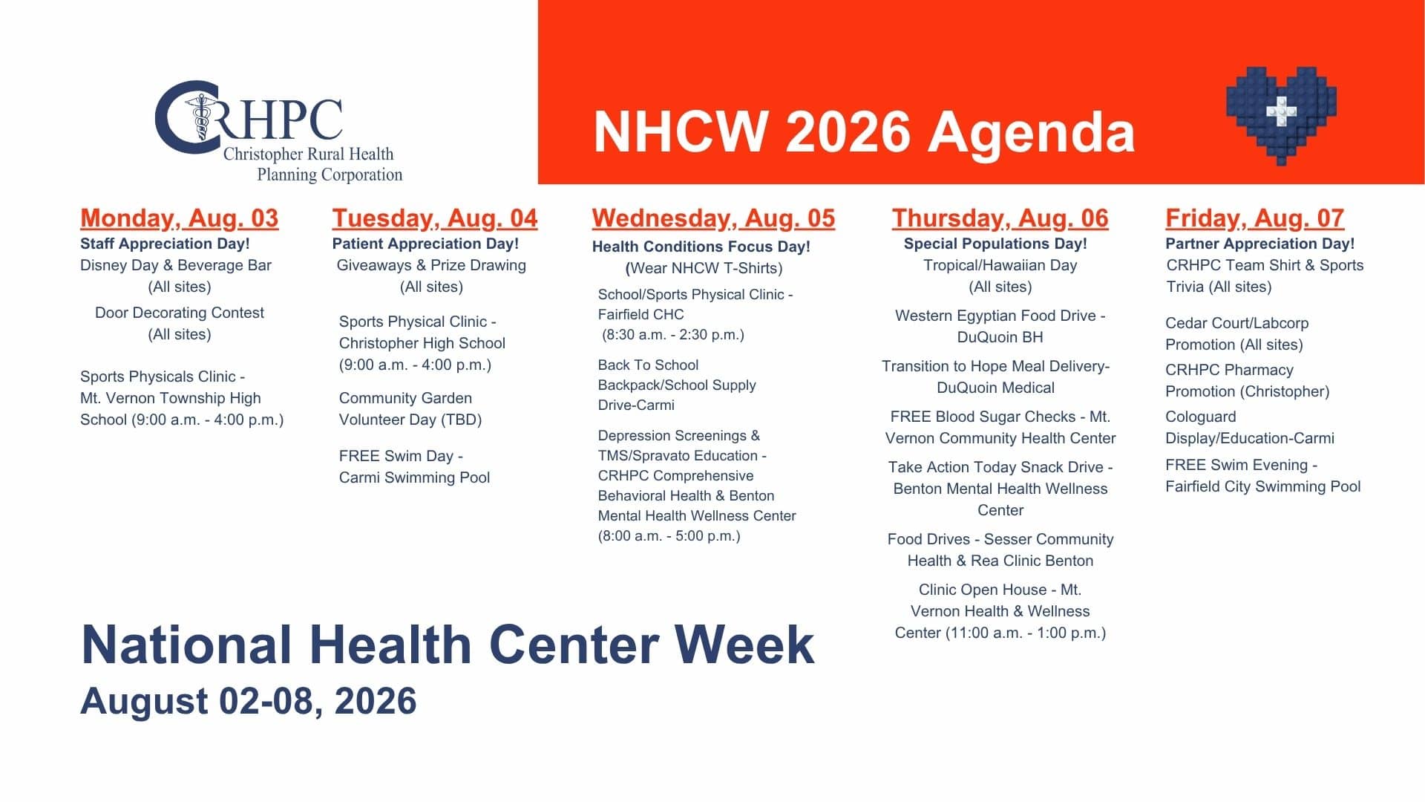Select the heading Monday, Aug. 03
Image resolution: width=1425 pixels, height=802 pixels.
(x=179, y=218)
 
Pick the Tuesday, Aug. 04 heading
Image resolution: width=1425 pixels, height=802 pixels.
(x=435, y=218)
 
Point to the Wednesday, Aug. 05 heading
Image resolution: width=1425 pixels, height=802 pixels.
(x=713, y=218)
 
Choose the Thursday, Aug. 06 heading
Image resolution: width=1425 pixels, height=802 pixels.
(x=1000, y=218)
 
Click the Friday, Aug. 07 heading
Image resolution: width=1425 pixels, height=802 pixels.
(x=1255, y=218)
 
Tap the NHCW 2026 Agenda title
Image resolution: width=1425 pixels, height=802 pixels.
(x=865, y=132)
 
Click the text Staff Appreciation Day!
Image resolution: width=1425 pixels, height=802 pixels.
(x=165, y=244)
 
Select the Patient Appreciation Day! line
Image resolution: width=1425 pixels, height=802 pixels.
(x=425, y=244)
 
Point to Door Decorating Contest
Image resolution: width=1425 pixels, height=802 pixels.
(x=180, y=313)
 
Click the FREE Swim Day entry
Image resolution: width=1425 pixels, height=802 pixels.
(x=401, y=456)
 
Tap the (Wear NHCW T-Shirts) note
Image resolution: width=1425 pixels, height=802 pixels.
(x=704, y=268)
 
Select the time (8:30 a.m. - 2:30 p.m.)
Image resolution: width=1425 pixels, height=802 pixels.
(x=673, y=335)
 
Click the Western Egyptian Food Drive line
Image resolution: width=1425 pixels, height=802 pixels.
(x=1000, y=316)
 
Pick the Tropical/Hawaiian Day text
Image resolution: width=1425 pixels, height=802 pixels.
(x=1000, y=265)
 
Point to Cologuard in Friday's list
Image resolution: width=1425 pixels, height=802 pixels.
(x=1201, y=417)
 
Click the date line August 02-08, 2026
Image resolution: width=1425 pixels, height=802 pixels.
(x=249, y=701)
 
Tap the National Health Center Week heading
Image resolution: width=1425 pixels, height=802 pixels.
(x=448, y=644)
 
